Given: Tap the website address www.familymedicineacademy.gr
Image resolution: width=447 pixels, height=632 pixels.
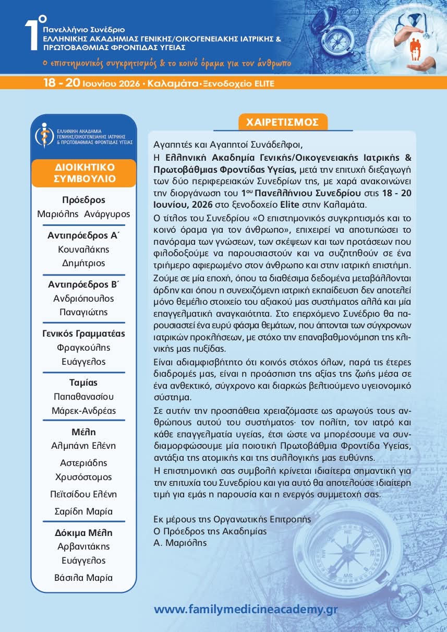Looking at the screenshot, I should point(246,609).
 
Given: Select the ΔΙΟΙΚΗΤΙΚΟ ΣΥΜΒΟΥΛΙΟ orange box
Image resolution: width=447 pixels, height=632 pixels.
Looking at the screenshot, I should point(84,173).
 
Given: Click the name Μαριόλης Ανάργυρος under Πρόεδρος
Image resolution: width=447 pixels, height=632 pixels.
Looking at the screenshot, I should point(84,214).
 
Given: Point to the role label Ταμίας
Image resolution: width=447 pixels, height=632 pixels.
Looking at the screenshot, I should point(84,383).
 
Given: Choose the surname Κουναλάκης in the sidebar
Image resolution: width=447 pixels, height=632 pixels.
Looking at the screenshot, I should point(84,249).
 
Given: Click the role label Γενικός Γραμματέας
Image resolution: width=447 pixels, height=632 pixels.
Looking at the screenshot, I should point(84,333).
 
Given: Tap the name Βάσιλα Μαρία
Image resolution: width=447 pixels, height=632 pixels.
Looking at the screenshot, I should point(84,578).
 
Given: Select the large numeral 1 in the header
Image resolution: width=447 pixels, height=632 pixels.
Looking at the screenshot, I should point(32,37).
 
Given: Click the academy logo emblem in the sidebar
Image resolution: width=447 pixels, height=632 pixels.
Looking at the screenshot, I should point(44,135).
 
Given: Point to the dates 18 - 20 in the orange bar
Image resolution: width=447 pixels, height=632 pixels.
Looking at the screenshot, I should point(62,83).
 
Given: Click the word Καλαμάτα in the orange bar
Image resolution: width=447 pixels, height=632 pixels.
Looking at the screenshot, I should point(171,83).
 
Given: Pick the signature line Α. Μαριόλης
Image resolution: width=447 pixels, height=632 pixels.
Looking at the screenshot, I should point(180,543).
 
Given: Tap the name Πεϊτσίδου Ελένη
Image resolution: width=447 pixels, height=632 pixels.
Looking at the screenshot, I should point(84,494).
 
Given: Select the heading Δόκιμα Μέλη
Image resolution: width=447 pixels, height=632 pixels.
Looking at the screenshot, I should point(84,533).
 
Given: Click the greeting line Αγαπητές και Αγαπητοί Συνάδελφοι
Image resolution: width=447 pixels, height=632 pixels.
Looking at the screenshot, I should point(228,144).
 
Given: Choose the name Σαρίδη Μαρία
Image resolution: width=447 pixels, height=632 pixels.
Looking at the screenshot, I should point(84,511).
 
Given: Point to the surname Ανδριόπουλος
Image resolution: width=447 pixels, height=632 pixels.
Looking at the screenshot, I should point(84,299).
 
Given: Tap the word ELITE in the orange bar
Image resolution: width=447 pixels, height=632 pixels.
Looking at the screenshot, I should point(264,83).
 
